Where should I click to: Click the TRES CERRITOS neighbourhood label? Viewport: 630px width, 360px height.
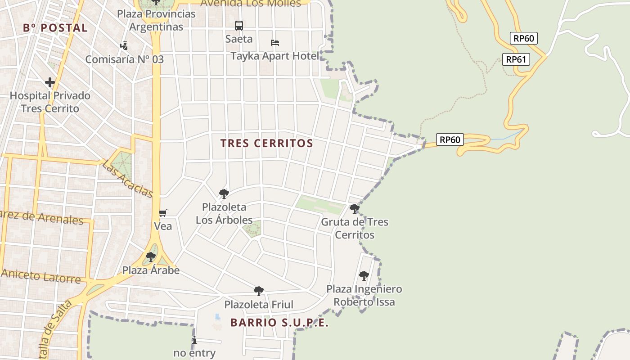click(266, 144)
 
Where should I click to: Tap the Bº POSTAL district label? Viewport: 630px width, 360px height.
click(55, 28)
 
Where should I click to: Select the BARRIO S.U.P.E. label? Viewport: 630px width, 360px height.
click(279, 323)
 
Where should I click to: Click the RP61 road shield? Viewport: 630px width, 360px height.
click(516, 59)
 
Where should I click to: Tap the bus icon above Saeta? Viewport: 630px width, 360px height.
click(239, 26)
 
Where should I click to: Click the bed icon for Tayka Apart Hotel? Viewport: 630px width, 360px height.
click(275, 43)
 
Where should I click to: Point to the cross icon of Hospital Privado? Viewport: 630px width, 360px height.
click(50, 82)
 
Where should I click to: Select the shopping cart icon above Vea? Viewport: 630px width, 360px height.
click(163, 213)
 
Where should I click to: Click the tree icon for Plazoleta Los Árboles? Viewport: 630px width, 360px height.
click(224, 194)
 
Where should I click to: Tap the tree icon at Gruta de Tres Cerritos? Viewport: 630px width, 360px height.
click(355, 208)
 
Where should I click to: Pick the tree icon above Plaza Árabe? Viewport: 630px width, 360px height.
click(151, 257)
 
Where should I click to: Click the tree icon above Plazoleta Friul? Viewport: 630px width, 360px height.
click(259, 291)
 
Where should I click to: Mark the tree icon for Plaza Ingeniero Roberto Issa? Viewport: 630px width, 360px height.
click(364, 275)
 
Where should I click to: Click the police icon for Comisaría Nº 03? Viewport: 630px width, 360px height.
click(124, 45)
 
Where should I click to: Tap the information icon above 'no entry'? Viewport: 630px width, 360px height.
click(194, 340)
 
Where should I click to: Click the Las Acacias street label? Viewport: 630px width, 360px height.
click(128, 179)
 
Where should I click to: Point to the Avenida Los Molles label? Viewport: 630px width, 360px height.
click(251, 4)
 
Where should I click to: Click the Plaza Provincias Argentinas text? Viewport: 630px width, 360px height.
click(156, 20)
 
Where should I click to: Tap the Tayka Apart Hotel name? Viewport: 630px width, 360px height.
click(274, 56)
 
